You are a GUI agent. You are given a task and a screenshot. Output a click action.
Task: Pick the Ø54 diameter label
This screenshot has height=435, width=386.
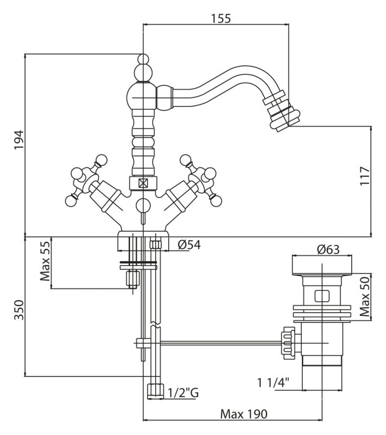point(189,245)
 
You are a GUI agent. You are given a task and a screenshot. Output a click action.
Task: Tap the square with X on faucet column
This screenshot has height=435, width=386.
point(143,183)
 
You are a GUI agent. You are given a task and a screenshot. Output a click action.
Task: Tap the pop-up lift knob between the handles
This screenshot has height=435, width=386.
point(143,205)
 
